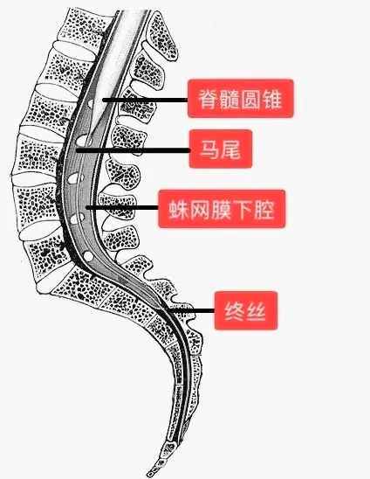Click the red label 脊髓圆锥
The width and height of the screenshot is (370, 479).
(240, 99)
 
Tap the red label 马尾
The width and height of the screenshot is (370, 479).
(221, 149)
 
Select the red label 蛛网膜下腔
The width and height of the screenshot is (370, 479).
(222, 209)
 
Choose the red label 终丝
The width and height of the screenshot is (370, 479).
(246, 310)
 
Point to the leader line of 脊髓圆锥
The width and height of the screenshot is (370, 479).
(145, 100)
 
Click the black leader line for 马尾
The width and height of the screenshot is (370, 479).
(133, 150)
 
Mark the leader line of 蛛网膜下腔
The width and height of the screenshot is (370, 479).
(122, 207)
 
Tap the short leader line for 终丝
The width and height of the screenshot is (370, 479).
(192, 310)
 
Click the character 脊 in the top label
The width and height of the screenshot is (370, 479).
(209, 99)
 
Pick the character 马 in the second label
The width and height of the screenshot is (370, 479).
(209, 149)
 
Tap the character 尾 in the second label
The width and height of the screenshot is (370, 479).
(230, 149)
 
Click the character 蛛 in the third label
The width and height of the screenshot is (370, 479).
(178, 209)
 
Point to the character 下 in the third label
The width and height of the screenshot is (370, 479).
(243, 209)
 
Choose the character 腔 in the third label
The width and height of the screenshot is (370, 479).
(264, 209)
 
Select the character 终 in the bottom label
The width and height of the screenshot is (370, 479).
(235, 311)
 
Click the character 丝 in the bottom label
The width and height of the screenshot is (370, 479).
(256, 311)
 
